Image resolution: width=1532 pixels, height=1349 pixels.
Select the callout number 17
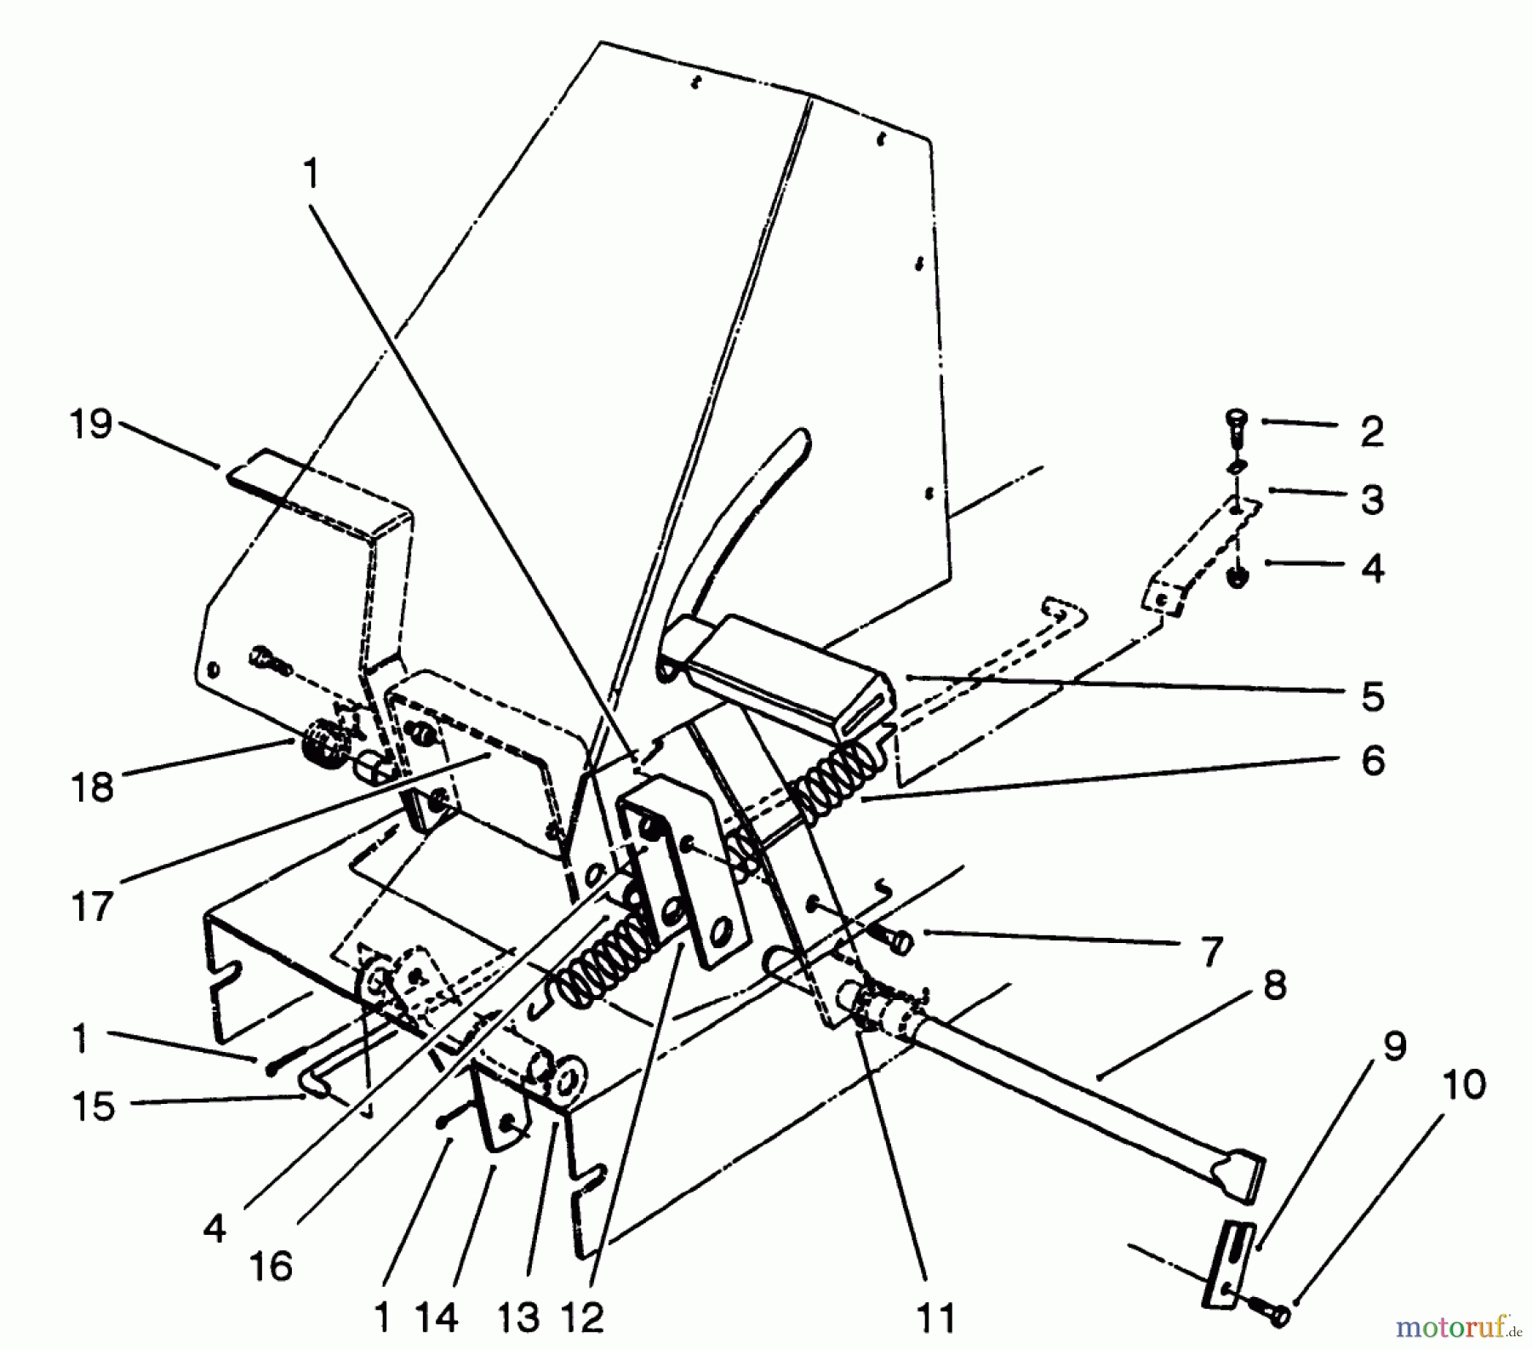[x=92, y=906]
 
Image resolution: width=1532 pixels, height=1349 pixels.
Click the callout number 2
[x=1371, y=432]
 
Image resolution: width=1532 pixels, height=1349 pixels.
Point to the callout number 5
[x=1372, y=696]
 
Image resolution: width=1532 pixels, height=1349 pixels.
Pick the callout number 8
[x=1274, y=987]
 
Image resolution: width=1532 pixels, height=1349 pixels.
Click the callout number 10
[x=1464, y=1085]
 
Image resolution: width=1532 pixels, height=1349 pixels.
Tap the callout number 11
[x=935, y=1318]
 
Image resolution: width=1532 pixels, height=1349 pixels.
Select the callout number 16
[x=272, y=1266]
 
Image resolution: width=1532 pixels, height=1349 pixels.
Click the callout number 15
[x=92, y=1106]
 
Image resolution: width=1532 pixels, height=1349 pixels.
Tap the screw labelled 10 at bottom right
[x=1275, y=1316]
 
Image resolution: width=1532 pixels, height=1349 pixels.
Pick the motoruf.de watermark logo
[x=1455, y=1326]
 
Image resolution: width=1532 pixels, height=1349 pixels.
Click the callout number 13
[x=518, y=1318]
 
